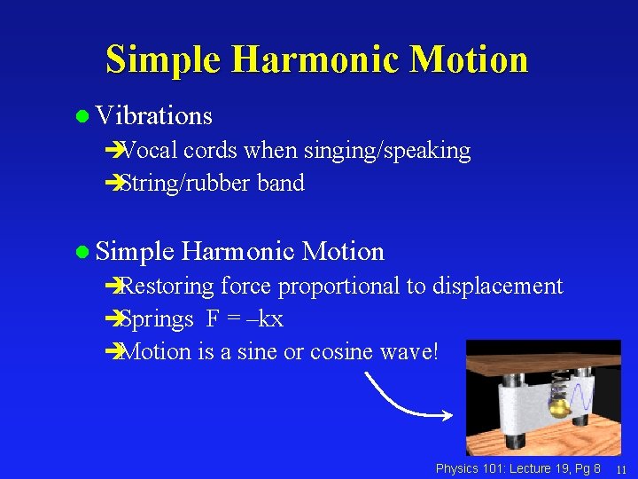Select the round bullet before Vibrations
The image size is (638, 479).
click(x=83, y=116)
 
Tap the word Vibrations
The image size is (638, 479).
click(x=154, y=116)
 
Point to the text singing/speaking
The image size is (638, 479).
click(x=387, y=151)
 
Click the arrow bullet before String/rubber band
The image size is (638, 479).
click(x=111, y=184)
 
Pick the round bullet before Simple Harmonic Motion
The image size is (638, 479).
click(x=83, y=252)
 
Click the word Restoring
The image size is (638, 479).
click(x=167, y=286)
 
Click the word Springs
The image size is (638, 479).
click(x=156, y=318)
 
